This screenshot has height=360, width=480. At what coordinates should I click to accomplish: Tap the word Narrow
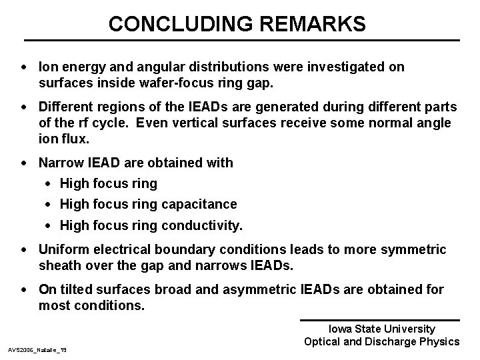(x=60, y=163)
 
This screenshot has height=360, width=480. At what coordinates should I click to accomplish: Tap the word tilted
(x=75, y=289)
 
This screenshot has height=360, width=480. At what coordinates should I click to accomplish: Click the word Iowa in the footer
(x=342, y=329)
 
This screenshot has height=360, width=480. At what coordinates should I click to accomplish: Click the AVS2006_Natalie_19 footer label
(x=41, y=349)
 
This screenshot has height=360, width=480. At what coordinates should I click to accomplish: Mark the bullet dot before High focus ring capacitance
(x=51, y=205)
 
